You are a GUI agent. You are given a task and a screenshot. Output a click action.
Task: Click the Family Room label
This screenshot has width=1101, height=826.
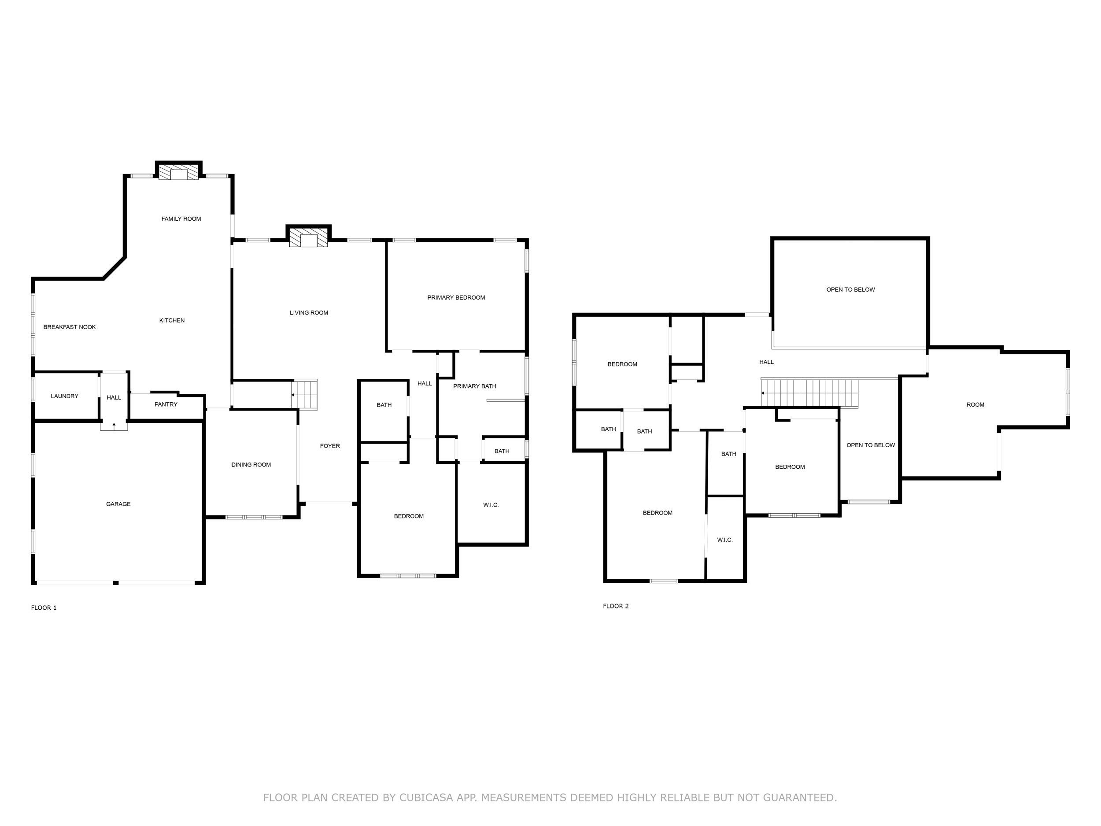pyautogui.click(x=181, y=219)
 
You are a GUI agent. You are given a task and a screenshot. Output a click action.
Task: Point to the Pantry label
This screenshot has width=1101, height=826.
pyautogui.click(x=166, y=404)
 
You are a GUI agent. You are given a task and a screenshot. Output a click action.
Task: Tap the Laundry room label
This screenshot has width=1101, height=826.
pyautogui.click(x=65, y=396)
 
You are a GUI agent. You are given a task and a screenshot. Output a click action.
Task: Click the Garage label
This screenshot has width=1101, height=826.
pyautogui.click(x=118, y=504)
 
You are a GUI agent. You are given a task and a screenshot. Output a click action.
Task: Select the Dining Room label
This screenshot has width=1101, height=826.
pyautogui.click(x=251, y=464)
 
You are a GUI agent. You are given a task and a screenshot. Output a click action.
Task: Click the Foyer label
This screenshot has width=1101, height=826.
pyautogui.click(x=330, y=446)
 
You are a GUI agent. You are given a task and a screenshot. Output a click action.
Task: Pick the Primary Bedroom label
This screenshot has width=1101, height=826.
pyautogui.click(x=456, y=298)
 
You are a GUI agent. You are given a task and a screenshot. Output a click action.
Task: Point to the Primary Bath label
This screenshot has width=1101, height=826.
pyautogui.click(x=474, y=386)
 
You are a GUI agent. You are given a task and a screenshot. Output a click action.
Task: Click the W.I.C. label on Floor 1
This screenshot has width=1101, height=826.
pyautogui.click(x=491, y=505)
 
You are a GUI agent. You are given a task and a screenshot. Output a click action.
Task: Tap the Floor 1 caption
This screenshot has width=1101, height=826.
pyautogui.click(x=44, y=607)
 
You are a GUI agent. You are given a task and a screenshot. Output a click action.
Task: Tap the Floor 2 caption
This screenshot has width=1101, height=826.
pyautogui.click(x=616, y=606)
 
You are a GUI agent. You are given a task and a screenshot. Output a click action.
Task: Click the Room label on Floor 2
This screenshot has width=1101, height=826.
pyautogui.click(x=975, y=405)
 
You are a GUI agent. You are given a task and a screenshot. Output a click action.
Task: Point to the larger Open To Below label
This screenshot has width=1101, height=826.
pyautogui.click(x=850, y=290)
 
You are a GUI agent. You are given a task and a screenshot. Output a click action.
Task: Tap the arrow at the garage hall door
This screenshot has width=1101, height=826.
pyautogui.click(x=114, y=425)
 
